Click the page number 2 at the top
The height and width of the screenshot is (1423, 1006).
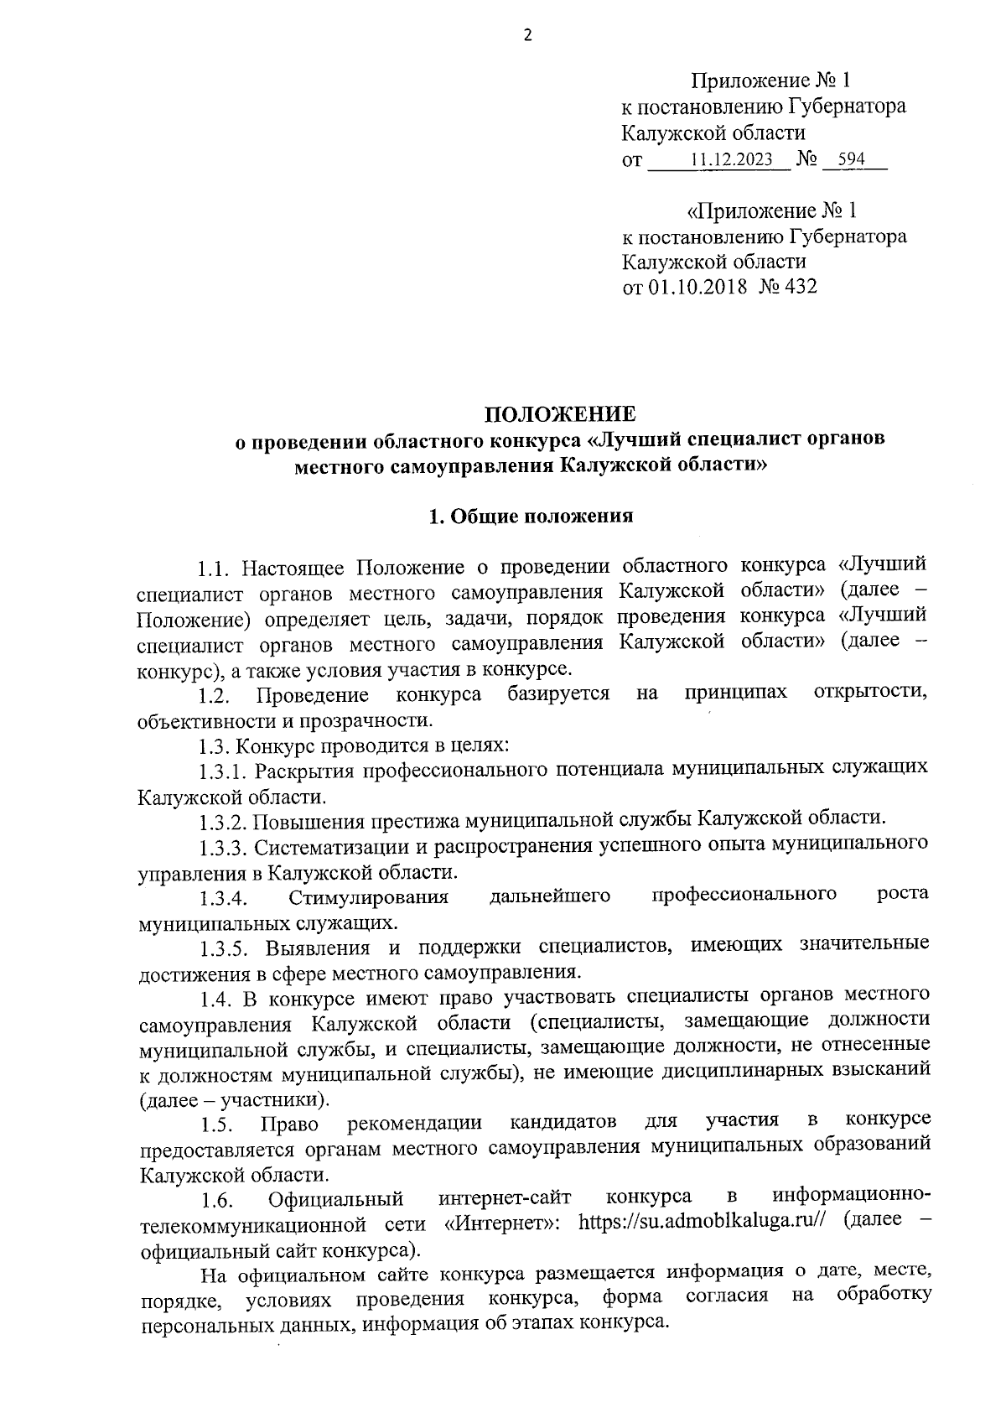pyautogui.click(x=527, y=35)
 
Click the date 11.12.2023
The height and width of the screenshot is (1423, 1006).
pyautogui.click(x=731, y=159)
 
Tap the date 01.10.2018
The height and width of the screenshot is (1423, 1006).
pyautogui.click(x=696, y=288)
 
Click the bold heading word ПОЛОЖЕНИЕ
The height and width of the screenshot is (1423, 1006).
pyautogui.click(x=561, y=414)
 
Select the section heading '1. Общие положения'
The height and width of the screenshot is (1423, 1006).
pyautogui.click(x=531, y=517)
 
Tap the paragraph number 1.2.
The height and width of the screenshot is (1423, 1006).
pyautogui.click(x=214, y=695)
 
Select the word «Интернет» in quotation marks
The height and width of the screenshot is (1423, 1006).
pyautogui.click(x=502, y=1222)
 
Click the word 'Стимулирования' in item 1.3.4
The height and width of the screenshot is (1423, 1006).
pyautogui.click(x=369, y=898)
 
